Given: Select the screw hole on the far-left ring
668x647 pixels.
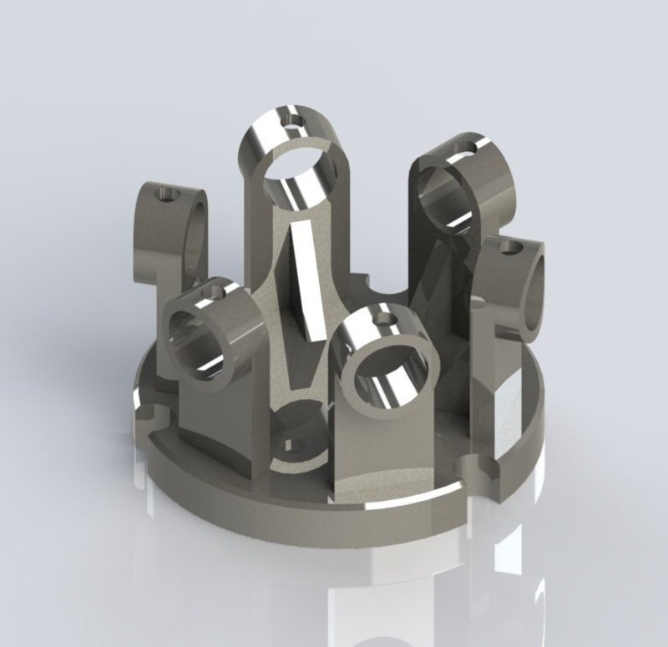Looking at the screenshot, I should pyautogui.click(x=167, y=195).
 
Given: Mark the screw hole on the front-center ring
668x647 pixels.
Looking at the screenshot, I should pyautogui.click(x=385, y=318).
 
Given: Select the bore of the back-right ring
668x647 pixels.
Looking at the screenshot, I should pyautogui.click(x=441, y=194).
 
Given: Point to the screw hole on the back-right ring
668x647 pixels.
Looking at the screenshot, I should pyautogui.click(x=460, y=149).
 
